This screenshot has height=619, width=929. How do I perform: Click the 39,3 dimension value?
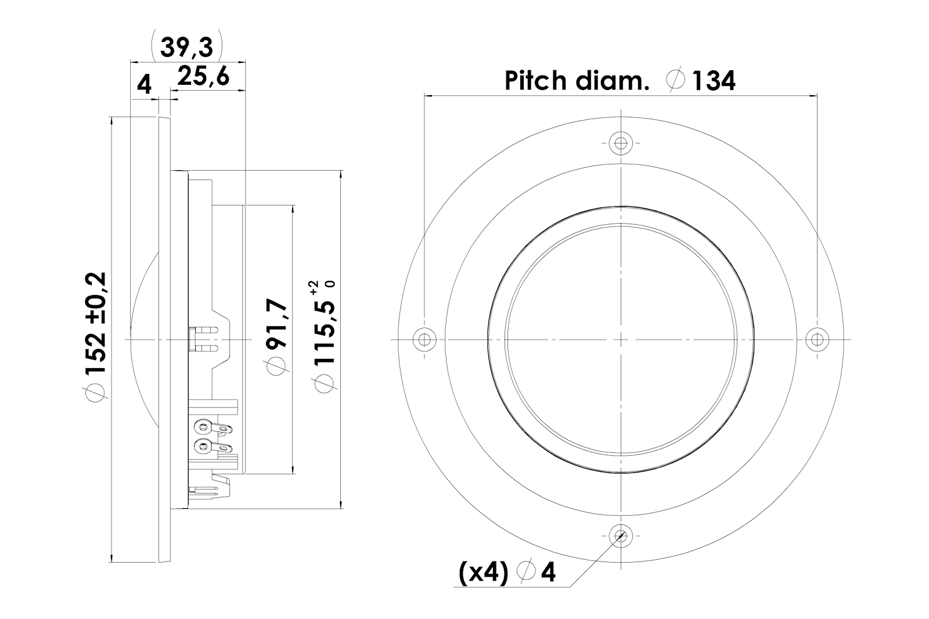click(x=186, y=47)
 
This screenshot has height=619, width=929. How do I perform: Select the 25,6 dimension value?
click(x=203, y=77)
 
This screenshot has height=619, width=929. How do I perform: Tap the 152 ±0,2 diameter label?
click(x=96, y=323)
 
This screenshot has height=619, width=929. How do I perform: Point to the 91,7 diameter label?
click(x=276, y=325)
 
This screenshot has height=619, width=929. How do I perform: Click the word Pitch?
click(x=535, y=81)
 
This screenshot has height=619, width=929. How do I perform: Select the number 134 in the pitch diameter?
click(x=714, y=81)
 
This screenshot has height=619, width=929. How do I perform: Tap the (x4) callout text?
click(x=483, y=573)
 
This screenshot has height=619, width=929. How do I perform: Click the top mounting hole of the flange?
click(x=621, y=143)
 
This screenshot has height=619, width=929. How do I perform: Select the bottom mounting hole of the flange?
click(x=621, y=536)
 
